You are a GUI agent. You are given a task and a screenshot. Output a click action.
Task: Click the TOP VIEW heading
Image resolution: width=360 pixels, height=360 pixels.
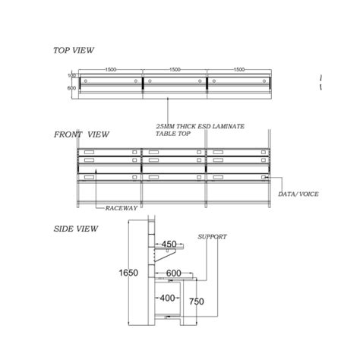point(74,50)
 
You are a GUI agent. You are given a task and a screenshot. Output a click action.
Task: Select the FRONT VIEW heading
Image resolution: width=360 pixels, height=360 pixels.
point(81,134)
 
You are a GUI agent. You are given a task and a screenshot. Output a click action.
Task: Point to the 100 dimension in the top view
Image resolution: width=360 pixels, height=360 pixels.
point(72,76)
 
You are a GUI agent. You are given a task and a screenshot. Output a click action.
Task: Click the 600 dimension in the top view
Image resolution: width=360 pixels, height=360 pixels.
point(72,88)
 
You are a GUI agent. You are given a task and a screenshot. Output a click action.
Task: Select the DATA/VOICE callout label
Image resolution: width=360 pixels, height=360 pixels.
point(298,194)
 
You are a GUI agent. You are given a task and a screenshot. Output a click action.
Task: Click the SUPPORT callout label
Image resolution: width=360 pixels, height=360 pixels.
point(212,237)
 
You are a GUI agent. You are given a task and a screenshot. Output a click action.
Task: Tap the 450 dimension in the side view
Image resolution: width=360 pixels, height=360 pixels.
point(169,245)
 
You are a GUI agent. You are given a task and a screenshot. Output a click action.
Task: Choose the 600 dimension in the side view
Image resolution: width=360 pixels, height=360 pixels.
point(174,273)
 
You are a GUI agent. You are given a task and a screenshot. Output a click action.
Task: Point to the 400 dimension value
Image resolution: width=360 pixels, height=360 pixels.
point(168,298)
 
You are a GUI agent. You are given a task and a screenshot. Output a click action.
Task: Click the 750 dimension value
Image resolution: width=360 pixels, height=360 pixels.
point(197,302)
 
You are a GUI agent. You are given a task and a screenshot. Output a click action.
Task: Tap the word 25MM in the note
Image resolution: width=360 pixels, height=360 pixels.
point(164,126)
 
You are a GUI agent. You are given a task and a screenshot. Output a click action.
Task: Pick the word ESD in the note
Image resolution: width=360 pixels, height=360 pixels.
point(201,126)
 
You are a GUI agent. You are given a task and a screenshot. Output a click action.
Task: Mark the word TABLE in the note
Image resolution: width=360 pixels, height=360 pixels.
point(165,134)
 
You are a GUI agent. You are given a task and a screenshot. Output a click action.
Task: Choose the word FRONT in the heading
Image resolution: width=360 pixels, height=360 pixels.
point(68,134)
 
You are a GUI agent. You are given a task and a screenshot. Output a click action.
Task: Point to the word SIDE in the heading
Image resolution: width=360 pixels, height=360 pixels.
point(63,228)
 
